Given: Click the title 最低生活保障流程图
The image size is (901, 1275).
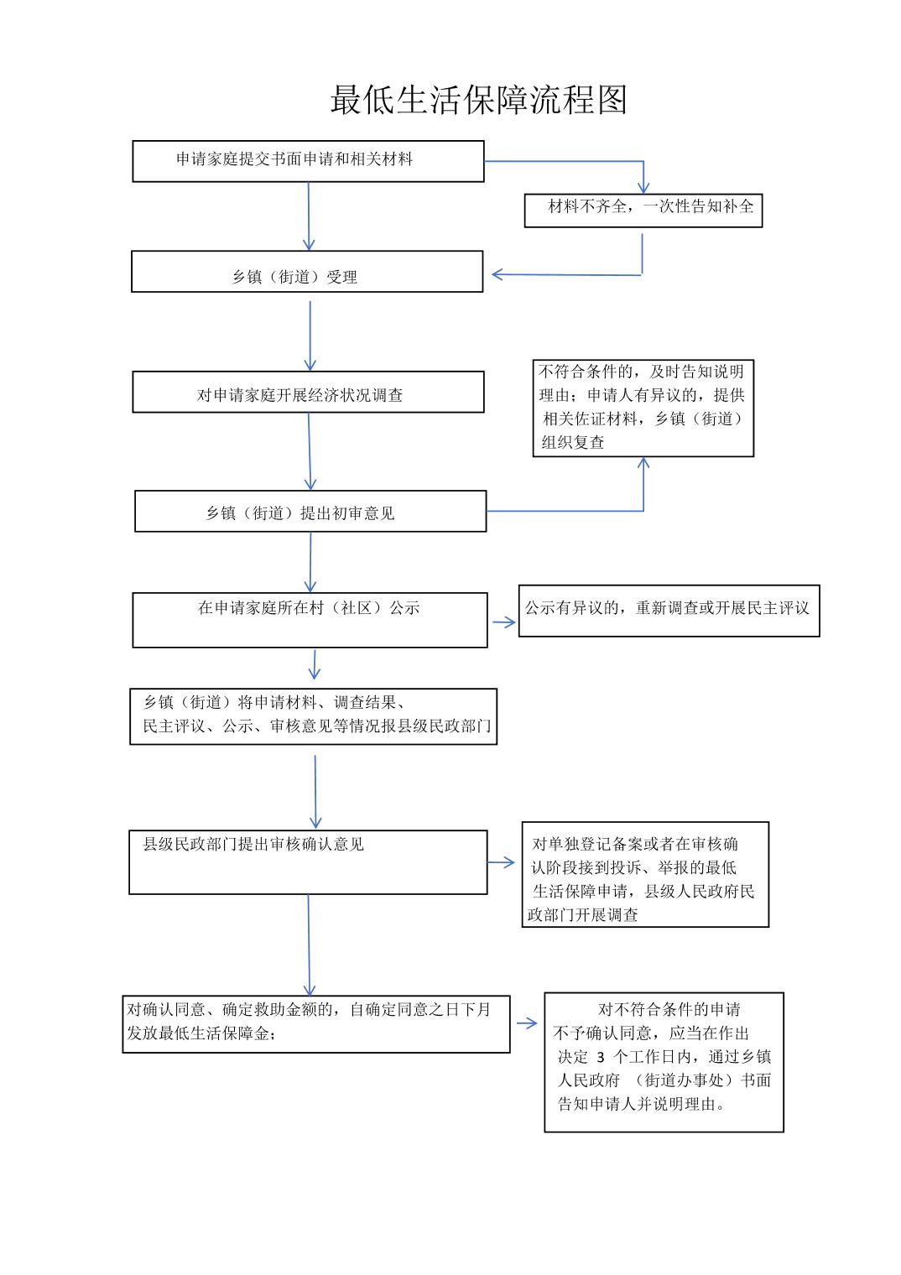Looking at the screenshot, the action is pos(479,100).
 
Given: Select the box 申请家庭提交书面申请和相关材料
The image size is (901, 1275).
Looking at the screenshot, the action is pos(308,162).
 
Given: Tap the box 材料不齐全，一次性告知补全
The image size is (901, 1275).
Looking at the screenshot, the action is pos(643,211).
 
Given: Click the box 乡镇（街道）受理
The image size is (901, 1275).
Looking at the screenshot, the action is pos(307,272).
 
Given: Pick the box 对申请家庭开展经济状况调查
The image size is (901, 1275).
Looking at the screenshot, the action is pos(308,393).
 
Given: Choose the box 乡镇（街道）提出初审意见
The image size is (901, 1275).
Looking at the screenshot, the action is pos(310,511).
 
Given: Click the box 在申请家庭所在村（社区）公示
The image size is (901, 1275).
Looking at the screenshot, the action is pos(310,620).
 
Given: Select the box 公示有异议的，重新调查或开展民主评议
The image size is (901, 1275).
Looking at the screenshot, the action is pos(669,611).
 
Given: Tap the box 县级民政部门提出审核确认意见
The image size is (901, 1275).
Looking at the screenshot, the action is pos(308,861).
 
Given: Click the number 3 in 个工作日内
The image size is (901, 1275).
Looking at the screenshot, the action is pos(600,1057).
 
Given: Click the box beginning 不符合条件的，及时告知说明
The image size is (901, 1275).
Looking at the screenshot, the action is pos(643,409).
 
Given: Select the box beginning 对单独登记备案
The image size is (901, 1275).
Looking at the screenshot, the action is pos(645,874).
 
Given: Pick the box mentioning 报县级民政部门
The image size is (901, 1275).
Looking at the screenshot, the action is pos(313,716).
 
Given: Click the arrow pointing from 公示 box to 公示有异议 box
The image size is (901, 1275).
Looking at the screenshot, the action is pos(503,622).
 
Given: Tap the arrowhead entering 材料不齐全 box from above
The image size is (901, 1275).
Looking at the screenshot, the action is pos(643,188).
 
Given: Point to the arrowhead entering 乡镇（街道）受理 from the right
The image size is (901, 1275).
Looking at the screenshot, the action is pos(497,274).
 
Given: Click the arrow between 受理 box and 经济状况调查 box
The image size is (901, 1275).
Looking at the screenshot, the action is pos(310,336).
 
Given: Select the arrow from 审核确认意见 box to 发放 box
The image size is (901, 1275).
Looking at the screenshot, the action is pos(309,945).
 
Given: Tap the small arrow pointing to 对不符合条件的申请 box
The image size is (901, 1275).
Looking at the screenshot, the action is pos(527,1023).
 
